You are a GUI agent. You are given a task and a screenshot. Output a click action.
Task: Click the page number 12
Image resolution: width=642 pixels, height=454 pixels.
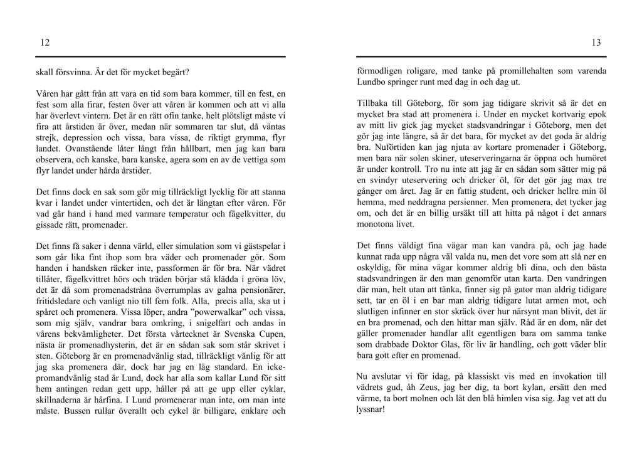45,43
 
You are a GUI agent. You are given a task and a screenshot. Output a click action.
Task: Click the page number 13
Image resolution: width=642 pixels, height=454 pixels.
596,43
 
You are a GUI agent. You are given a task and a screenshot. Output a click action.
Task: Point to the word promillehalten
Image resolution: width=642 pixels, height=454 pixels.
504,71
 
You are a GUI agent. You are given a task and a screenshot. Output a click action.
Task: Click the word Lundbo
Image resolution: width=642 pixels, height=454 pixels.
372,82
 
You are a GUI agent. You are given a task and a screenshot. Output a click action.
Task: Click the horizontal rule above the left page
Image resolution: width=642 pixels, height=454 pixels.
160,57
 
